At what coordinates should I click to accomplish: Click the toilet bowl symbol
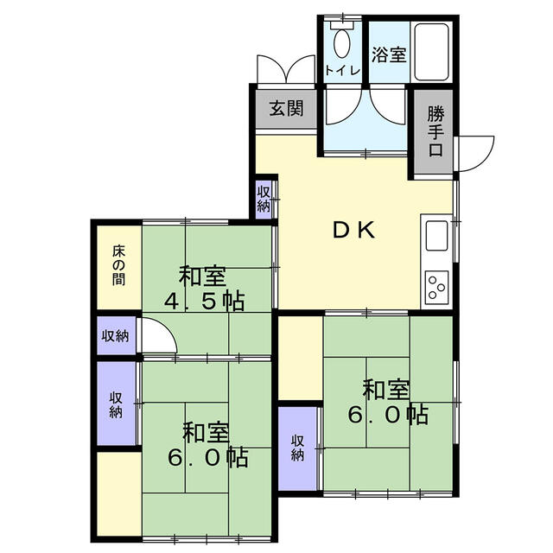342,44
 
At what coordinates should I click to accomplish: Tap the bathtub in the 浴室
431,52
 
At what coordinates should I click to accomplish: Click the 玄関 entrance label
286,108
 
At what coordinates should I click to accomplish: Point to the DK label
353,231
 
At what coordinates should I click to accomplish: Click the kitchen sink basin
436,236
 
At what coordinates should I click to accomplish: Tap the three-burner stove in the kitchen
436,285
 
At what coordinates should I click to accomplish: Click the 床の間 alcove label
119,265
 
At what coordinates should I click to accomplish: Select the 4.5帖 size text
204,301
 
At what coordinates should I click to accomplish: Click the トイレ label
342,71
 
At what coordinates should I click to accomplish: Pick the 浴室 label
389,54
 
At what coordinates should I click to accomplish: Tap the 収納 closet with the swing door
116,336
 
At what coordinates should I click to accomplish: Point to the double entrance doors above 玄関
286,70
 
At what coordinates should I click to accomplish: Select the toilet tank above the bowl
342,25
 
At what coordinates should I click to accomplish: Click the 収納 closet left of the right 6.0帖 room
298,448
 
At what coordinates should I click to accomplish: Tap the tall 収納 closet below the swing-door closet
117,404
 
